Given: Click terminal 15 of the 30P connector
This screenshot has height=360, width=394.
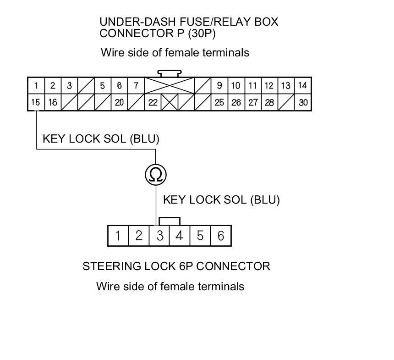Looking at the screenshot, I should (x=36, y=102).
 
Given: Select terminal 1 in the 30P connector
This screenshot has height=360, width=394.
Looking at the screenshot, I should (x=36, y=85).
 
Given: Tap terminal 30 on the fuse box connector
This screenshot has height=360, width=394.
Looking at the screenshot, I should (x=303, y=102).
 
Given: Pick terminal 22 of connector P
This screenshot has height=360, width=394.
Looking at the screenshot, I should (x=153, y=102).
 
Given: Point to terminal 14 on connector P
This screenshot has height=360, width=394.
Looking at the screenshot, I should (x=302, y=85).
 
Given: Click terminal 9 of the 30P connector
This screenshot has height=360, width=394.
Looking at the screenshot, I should (x=219, y=85).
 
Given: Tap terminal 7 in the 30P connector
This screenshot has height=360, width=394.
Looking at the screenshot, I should (x=136, y=85).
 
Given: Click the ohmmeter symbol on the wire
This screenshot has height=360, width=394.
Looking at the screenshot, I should (x=156, y=175).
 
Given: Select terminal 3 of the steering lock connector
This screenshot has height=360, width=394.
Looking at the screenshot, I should (x=159, y=236).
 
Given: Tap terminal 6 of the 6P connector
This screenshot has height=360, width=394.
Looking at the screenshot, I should (x=221, y=236).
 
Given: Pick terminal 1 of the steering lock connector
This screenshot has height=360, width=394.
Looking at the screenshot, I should (x=118, y=236).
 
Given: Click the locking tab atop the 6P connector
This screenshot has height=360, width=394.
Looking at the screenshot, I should (x=169, y=221).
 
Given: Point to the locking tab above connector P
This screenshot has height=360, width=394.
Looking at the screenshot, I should (x=170, y=73).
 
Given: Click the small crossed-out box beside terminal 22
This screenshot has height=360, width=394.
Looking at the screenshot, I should (x=170, y=102).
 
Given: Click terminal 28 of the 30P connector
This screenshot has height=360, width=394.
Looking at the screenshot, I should (x=269, y=102).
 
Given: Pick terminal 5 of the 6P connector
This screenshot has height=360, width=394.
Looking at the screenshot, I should (x=200, y=236).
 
